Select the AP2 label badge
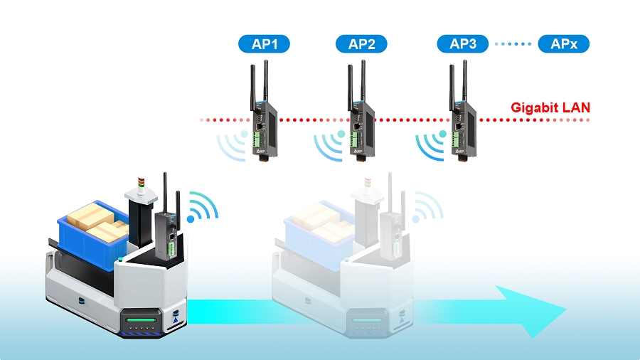pyautogui.click(x=361, y=45)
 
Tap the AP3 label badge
pyautogui.click(x=462, y=44)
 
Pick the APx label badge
pyautogui.click(x=564, y=44)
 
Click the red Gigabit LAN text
pyautogui.click(x=550, y=108)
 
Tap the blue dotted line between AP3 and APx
pyautogui.click(x=513, y=44)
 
